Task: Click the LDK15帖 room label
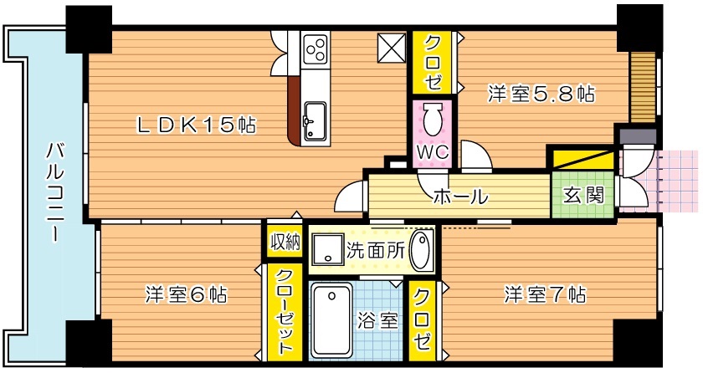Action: (197, 125)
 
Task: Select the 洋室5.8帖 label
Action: (541, 95)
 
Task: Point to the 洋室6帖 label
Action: (186, 294)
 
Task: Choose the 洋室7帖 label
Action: (544, 294)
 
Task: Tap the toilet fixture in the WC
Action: (433, 120)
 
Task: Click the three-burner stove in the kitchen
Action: (316, 51)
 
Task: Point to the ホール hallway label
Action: (459, 197)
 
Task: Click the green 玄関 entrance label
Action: (582, 196)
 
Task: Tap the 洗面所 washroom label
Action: (376, 248)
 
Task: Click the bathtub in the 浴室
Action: (332, 318)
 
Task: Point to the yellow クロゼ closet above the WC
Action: (433, 64)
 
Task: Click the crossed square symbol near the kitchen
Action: (389, 49)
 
